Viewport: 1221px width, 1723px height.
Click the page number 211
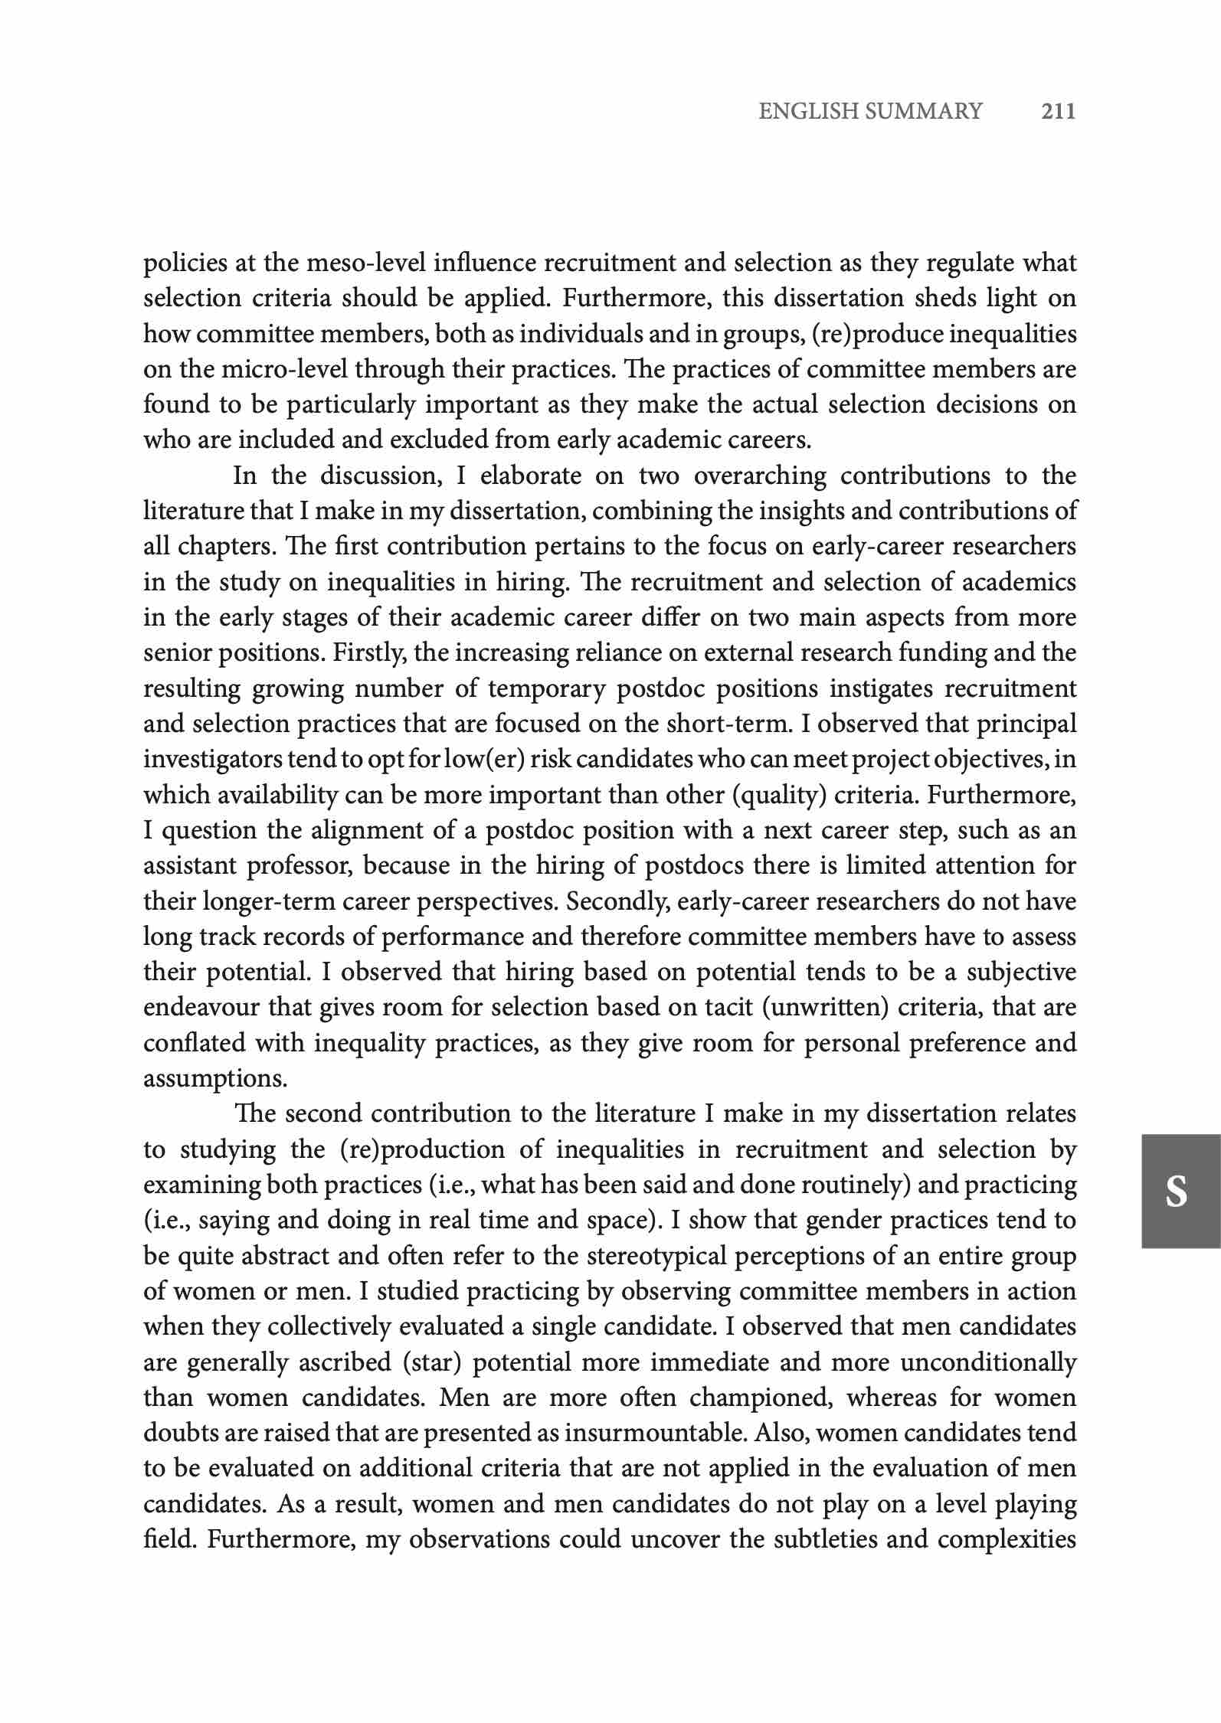tap(1059, 112)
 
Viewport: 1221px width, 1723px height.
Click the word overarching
tap(760, 476)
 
